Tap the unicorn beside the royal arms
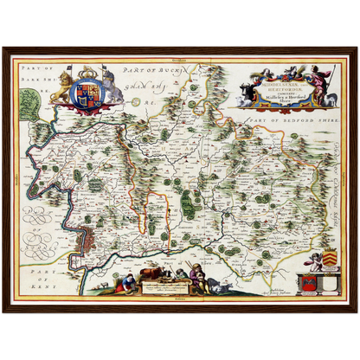[109, 87]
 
